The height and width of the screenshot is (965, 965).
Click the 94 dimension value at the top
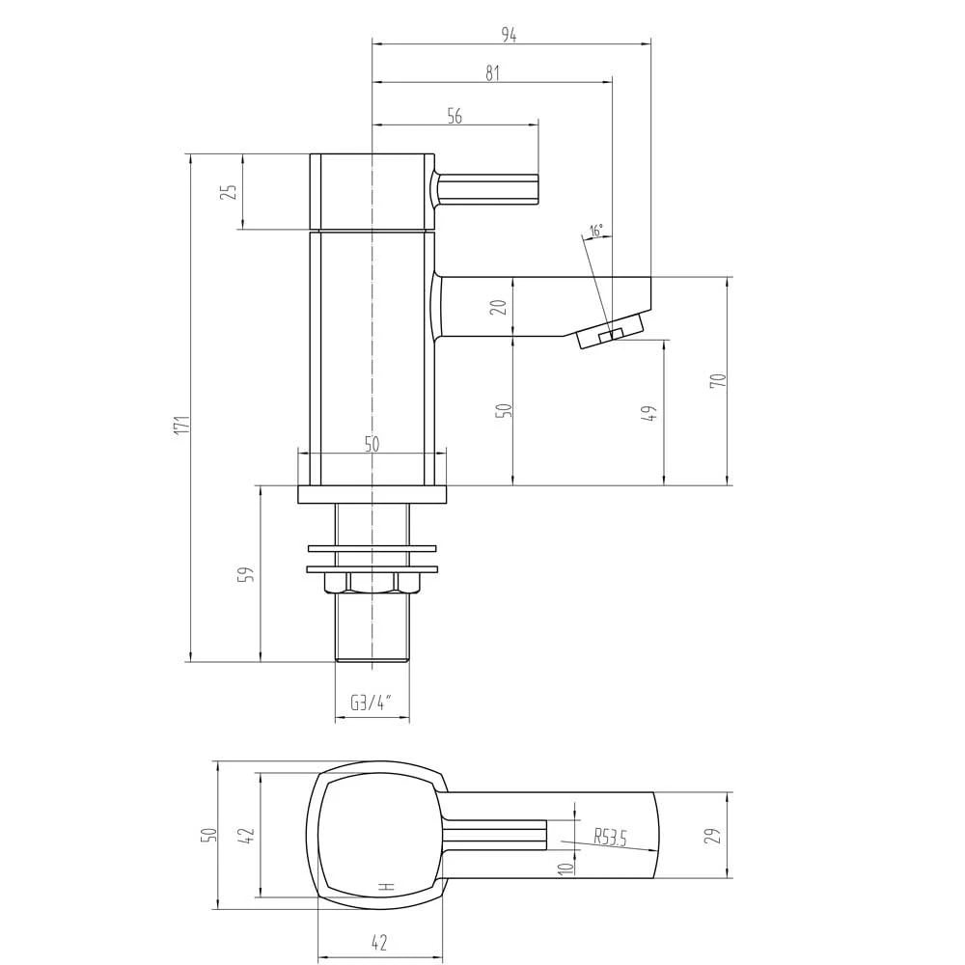(509, 35)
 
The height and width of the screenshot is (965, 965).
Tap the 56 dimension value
(455, 116)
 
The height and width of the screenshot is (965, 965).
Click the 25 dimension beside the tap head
(230, 191)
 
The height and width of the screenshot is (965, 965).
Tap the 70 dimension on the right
(717, 380)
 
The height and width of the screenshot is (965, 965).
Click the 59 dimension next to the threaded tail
(247, 574)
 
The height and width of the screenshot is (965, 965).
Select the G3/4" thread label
(372, 703)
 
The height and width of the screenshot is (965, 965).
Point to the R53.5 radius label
(610, 838)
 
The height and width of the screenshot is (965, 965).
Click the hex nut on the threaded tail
(372, 582)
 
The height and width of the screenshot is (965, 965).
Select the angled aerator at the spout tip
(610, 333)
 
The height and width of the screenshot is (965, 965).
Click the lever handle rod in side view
(488, 188)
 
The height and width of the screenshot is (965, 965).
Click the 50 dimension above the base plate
(372, 444)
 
